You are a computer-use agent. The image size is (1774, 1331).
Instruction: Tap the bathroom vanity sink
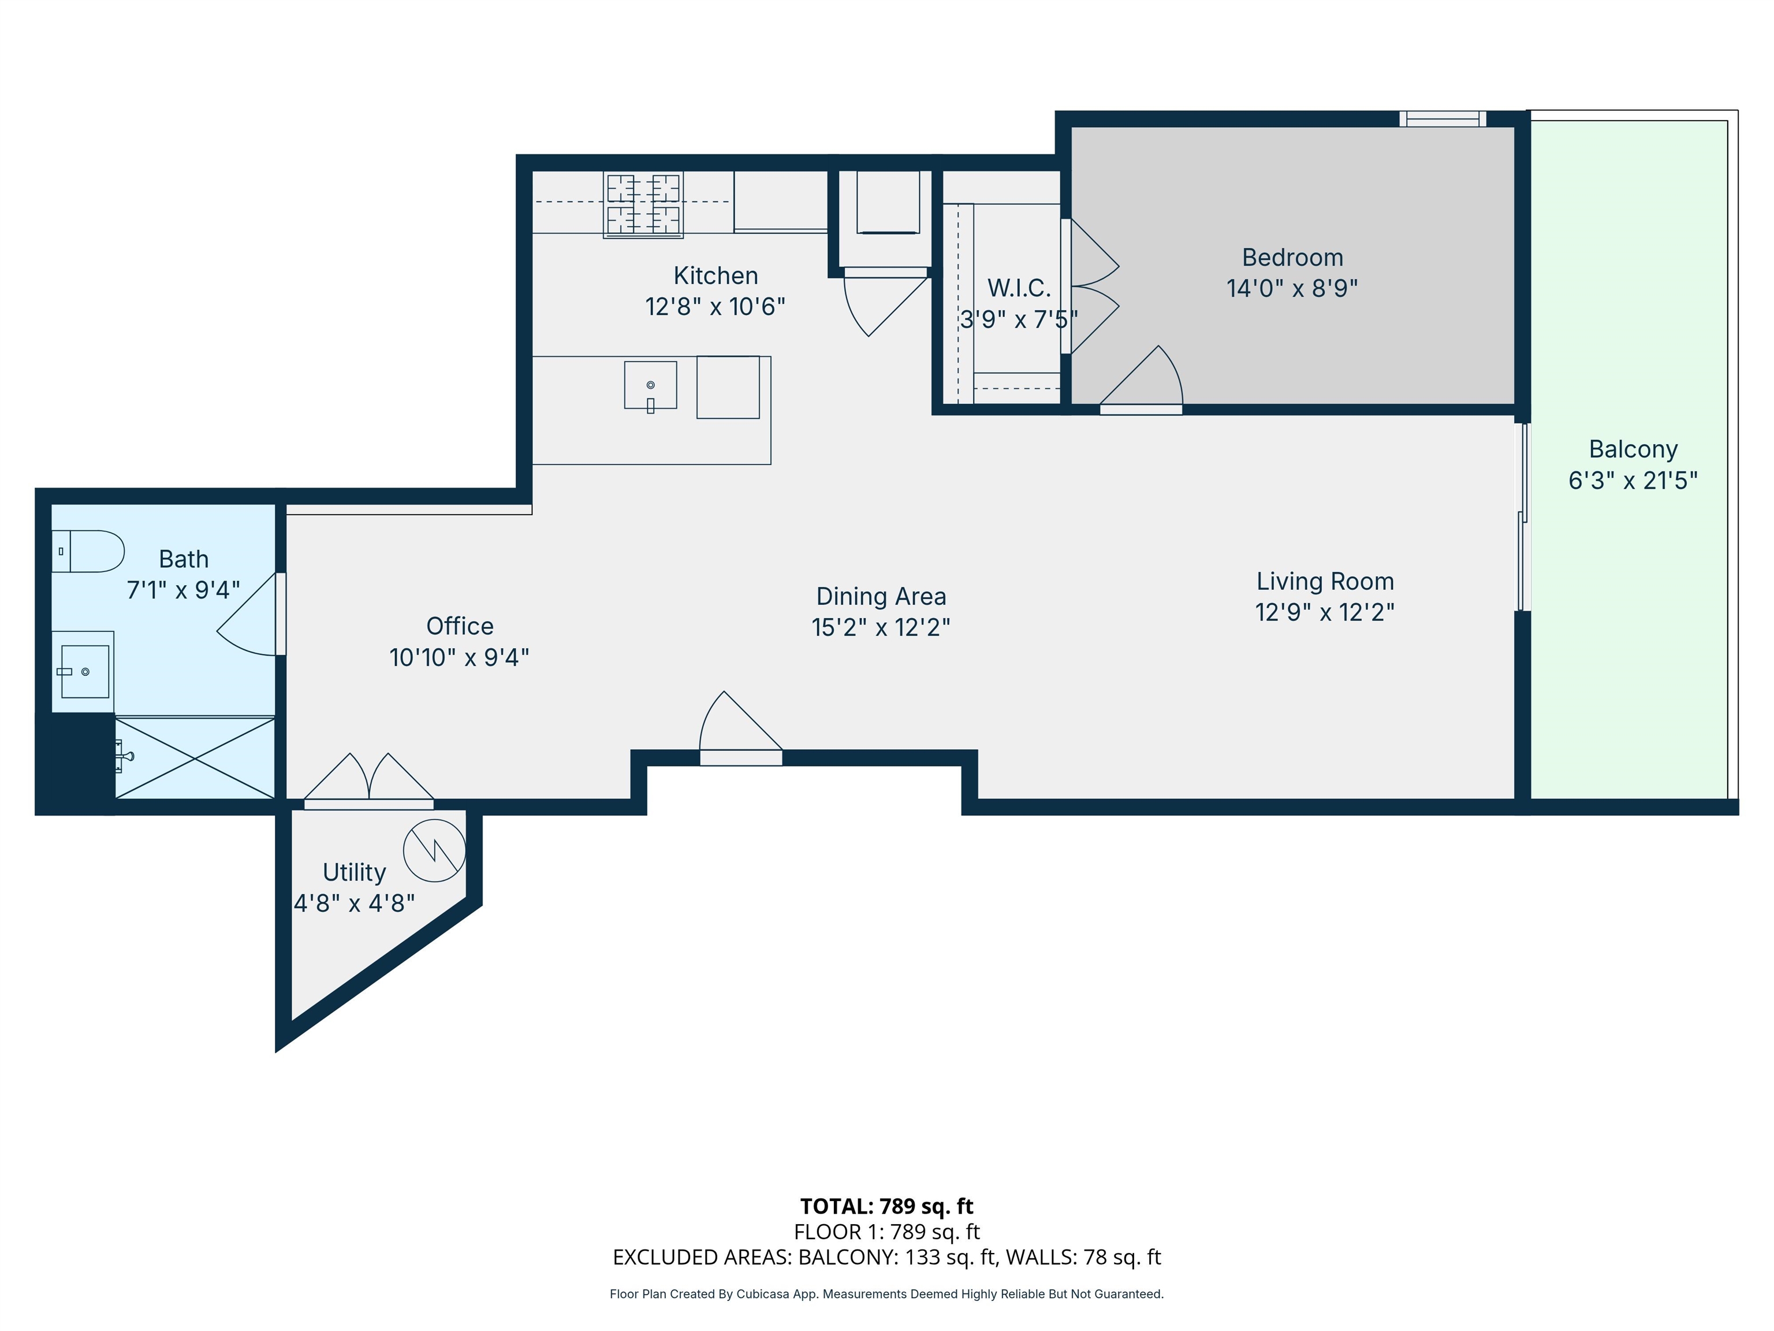pos(84,671)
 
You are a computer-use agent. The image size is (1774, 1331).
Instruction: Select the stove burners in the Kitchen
pos(643,204)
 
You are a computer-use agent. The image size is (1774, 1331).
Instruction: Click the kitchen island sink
pos(650,386)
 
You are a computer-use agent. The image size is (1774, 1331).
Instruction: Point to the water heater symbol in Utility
pos(434,850)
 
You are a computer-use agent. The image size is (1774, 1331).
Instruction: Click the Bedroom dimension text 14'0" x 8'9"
pos(1292,288)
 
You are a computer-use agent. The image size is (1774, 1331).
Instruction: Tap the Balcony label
pos(1633,449)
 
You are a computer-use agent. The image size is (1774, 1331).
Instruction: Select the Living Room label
pos(1325,581)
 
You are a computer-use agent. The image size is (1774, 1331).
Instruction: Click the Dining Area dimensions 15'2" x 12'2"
pos(881,627)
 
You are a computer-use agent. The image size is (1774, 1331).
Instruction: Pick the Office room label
pos(460,626)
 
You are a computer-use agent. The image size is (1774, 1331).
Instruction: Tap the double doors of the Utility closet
pos(369,782)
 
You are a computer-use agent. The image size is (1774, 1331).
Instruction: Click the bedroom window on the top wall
pos(1442,119)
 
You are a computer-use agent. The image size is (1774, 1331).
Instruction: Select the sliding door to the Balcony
pos(1522,518)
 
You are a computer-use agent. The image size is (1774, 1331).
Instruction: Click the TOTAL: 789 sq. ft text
pos(886,1206)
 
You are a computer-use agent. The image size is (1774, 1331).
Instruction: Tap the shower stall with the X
pos(195,757)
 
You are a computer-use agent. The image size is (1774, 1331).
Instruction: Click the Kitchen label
pos(715,275)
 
